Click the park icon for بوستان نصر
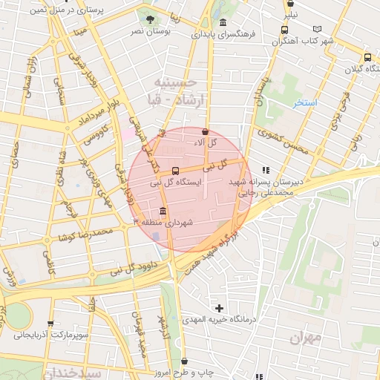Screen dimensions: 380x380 151,19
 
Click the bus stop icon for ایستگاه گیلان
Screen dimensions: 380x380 367,57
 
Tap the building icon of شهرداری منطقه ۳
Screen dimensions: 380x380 163,211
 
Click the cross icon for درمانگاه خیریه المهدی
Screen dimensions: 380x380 218,307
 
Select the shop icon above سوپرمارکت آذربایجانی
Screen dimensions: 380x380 50,324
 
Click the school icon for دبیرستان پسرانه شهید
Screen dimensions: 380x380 265,170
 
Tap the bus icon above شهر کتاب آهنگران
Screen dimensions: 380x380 284,30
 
